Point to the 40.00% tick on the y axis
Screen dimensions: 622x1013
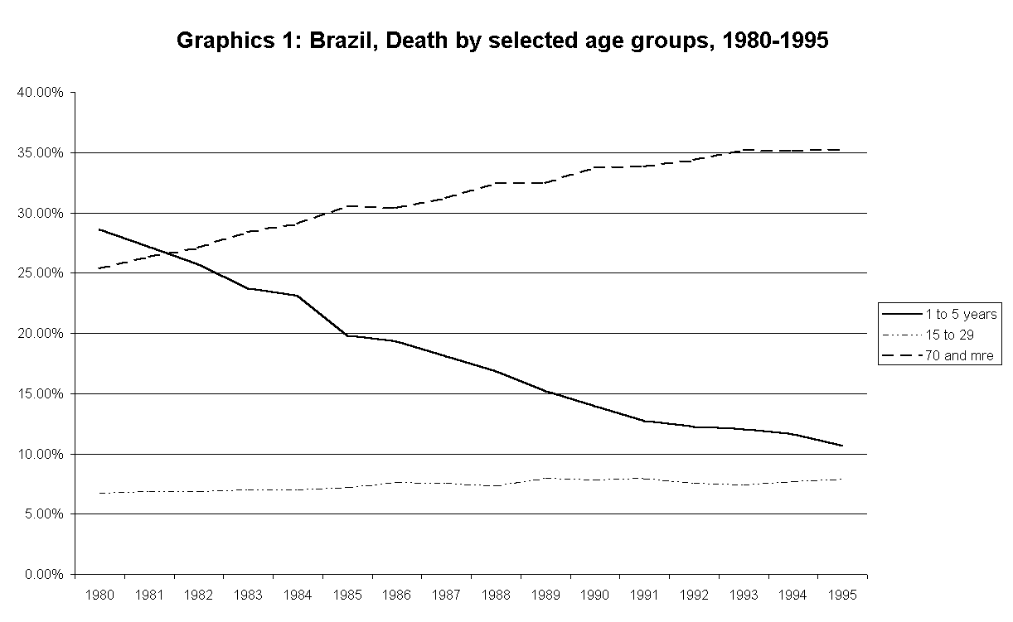pos(40,93)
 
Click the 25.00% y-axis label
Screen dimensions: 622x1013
pos(40,273)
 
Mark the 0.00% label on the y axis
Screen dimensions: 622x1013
pos(43,575)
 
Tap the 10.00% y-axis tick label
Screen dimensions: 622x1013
pos(40,454)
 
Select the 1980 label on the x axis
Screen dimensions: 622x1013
pos(99,595)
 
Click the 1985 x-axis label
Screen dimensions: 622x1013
pos(347,595)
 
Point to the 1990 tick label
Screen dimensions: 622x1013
pos(595,595)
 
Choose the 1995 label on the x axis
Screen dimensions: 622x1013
pos(842,595)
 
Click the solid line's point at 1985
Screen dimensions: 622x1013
pos(347,335)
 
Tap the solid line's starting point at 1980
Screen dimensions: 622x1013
pos(99,229)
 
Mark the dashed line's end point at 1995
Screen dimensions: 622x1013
pos(842,150)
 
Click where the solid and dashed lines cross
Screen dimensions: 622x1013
pos(169,253)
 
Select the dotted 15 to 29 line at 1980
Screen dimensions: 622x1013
pos(99,493)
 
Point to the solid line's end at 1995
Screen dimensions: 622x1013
pos(842,446)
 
